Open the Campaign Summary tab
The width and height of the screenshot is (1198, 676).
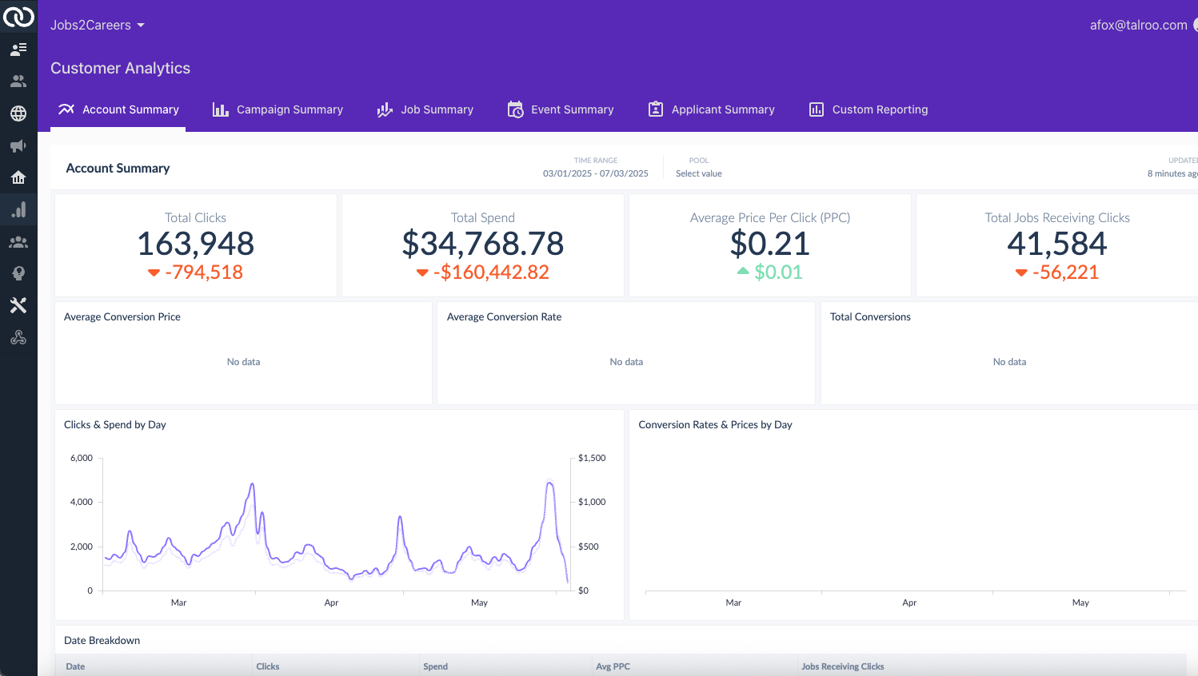point(278,109)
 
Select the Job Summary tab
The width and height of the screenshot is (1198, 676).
point(425,109)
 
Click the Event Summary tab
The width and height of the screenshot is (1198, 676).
point(561,109)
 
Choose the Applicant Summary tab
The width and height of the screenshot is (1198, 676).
point(712,109)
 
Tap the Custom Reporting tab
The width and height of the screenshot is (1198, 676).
point(869,109)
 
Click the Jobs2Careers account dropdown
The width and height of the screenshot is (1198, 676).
point(98,25)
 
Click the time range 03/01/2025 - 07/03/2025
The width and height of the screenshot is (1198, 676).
point(596,173)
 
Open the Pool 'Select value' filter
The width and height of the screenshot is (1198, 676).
point(698,173)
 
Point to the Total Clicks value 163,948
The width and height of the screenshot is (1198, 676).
point(195,244)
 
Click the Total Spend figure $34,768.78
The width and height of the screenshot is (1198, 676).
point(483,244)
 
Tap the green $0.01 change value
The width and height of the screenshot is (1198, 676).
point(777,272)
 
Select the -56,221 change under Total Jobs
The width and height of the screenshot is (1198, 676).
point(1064,272)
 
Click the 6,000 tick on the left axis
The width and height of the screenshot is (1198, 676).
point(82,458)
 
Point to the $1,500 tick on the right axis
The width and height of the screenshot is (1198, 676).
point(592,458)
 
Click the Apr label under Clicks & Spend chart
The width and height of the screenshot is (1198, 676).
point(331,602)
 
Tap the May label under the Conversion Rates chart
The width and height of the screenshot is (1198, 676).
point(1080,602)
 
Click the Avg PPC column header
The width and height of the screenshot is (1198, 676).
point(613,666)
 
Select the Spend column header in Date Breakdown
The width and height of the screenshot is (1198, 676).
point(435,666)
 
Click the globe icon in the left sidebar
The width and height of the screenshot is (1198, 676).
point(18,113)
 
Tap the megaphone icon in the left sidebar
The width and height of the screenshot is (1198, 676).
point(18,145)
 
